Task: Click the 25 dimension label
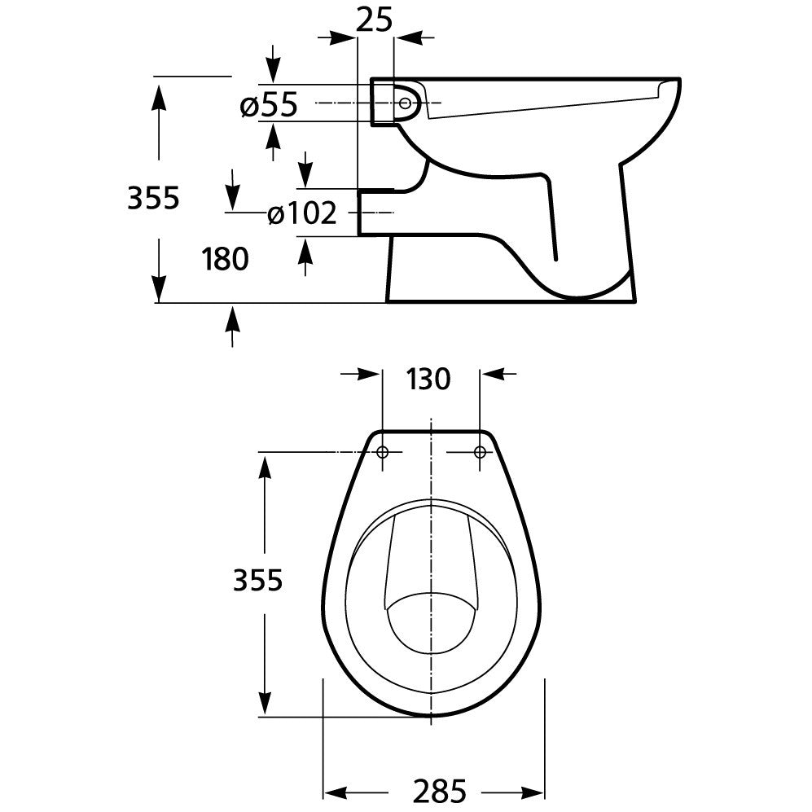coord(375,20)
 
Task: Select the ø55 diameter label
coord(269,104)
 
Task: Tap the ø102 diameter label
coord(302,213)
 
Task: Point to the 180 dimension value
coord(226,259)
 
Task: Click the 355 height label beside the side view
coord(153,197)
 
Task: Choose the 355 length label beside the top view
coord(258,580)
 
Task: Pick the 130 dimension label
coord(428,379)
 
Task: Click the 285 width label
coord(440,791)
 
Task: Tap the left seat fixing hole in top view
coord(383,452)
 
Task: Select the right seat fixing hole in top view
coord(480,452)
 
